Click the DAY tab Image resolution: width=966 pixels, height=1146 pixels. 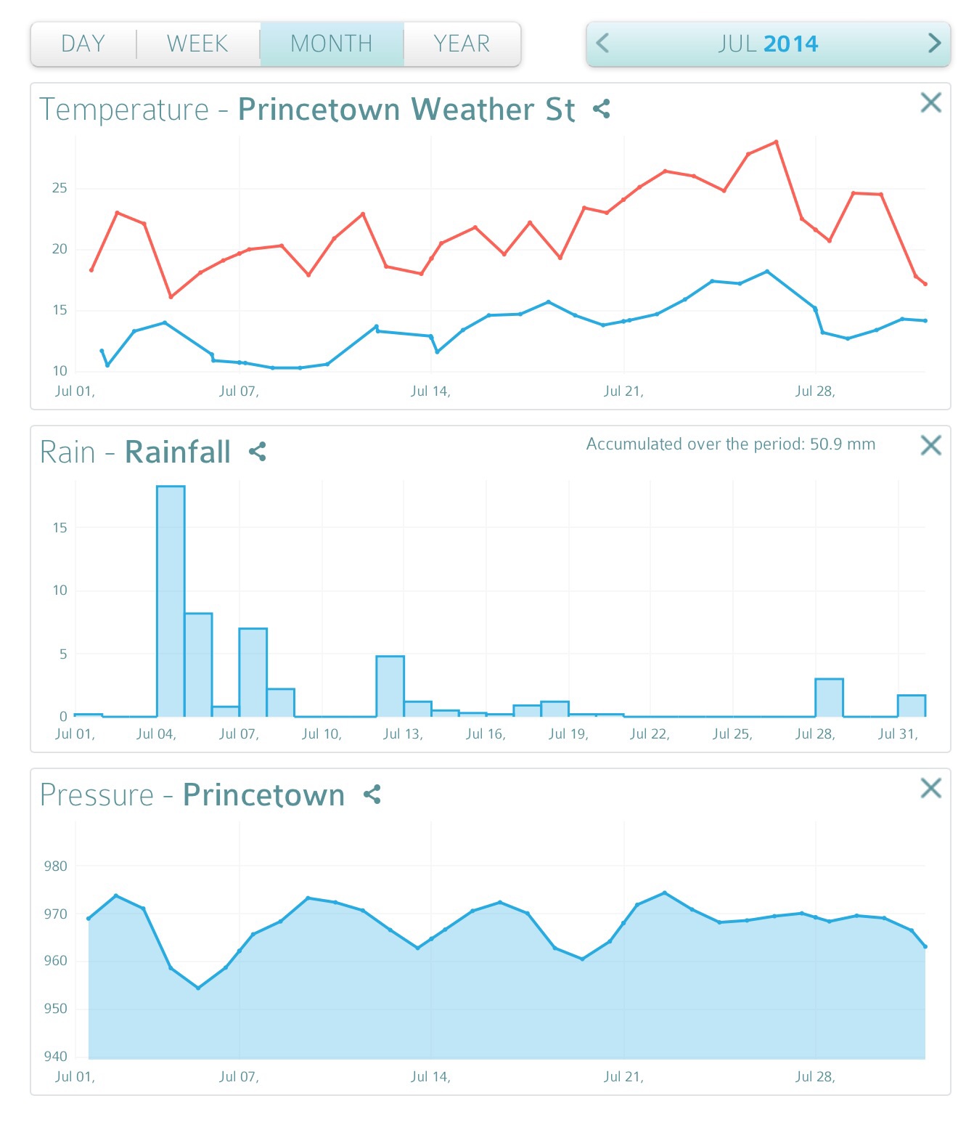point(83,44)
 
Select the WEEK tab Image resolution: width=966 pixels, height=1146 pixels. point(197,44)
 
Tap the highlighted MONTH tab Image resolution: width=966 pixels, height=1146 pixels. point(332,44)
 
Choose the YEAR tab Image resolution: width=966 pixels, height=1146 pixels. point(462,44)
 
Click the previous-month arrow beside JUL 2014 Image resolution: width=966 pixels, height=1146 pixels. point(602,44)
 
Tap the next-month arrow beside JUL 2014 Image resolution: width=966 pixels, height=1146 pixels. point(934,44)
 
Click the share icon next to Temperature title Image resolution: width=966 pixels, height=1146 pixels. point(601,110)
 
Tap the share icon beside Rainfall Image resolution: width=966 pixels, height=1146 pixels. point(258,452)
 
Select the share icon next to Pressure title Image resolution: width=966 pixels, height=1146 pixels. point(372,795)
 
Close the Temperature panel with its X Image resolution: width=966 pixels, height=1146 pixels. point(930,103)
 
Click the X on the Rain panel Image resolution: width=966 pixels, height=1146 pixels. point(930,445)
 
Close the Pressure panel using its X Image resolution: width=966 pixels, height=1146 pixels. point(930,788)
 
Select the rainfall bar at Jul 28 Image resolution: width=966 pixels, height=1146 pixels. point(829,698)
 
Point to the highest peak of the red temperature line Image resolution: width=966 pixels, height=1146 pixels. point(777,142)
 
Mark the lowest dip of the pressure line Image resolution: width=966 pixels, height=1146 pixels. point(198,988)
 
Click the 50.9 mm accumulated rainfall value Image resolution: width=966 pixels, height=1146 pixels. point(842,444)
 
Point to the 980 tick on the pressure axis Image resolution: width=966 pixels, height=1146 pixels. point(56,866)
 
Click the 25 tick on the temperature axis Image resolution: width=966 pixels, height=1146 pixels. point(60,189)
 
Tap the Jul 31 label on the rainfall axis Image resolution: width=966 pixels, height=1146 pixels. point(898,734)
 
